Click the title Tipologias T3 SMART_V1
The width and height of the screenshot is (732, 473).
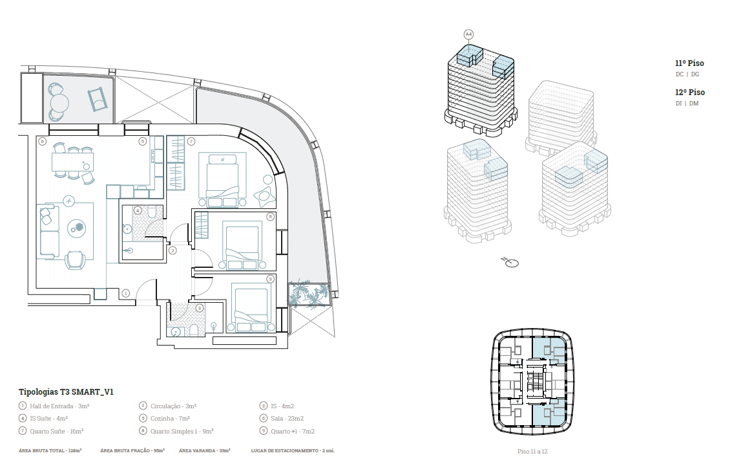pos(66,391)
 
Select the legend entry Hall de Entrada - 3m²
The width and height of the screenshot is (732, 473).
pos(59,406)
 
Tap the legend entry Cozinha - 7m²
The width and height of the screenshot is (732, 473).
pos(170,418)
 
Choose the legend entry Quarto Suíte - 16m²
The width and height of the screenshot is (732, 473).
pos(56,431)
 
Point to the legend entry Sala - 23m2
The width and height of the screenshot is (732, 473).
pos(287,418)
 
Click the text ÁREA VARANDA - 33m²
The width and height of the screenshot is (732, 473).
pos(204,450)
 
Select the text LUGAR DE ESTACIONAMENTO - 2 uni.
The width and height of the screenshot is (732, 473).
pos(293,450)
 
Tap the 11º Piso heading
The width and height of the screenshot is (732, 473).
pos(689,63)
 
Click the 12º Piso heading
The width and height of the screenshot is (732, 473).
pos(689,92)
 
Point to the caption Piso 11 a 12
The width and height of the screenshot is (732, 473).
pos(532,452)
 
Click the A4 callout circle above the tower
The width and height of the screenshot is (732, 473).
pos(468,34)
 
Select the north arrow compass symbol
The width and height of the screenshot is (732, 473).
pos(510,262)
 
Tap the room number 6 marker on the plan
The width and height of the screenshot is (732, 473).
pos(43,141)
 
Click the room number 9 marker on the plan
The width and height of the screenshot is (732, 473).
pos(270,279)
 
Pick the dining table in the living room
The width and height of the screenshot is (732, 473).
pos(72,162)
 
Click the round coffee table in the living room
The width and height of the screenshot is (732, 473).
pos(77,228)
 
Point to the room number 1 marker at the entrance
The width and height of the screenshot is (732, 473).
pos(125,293)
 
